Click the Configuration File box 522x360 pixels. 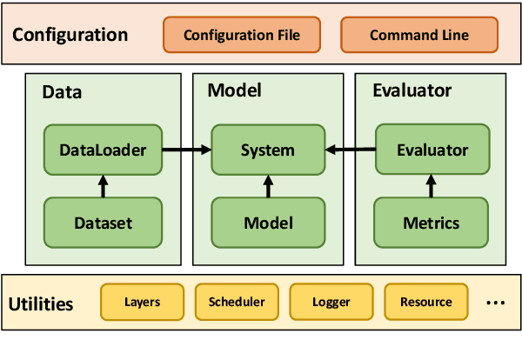[242, 36]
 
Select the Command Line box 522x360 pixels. [418, 36]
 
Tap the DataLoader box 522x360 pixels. [103, 150]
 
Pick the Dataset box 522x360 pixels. [103, 223]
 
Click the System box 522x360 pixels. [267, 150]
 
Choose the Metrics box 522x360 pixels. [432, 223]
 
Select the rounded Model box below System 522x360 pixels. [267, 223]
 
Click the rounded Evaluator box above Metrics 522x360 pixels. [432, 150]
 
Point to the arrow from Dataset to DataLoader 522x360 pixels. [103, 185]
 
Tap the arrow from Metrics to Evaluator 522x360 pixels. [432, 185]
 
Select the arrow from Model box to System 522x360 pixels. [267, 185]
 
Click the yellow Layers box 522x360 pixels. [143, 302]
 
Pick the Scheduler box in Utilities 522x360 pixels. [237, 302]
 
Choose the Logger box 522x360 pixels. [331, 302]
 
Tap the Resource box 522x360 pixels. [425, 302]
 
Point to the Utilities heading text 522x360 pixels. [40, 304]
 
